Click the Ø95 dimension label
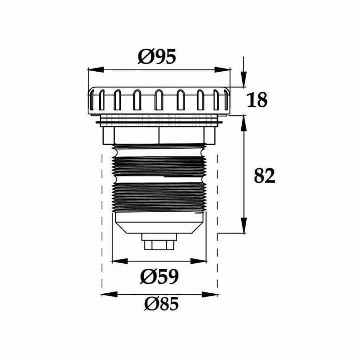tap(157, 56)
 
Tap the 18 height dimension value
tap(257, 100)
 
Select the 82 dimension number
tap(265, 175)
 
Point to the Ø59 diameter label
tap(159, 276)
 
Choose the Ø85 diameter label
tap(161, 303)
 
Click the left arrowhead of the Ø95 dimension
tap(96, 70)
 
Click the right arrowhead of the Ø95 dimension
tap(222, 70)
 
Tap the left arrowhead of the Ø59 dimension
tap(120, 261)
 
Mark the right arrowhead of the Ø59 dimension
tap(199, 261)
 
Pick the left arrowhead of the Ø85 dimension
tap(110, 294)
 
